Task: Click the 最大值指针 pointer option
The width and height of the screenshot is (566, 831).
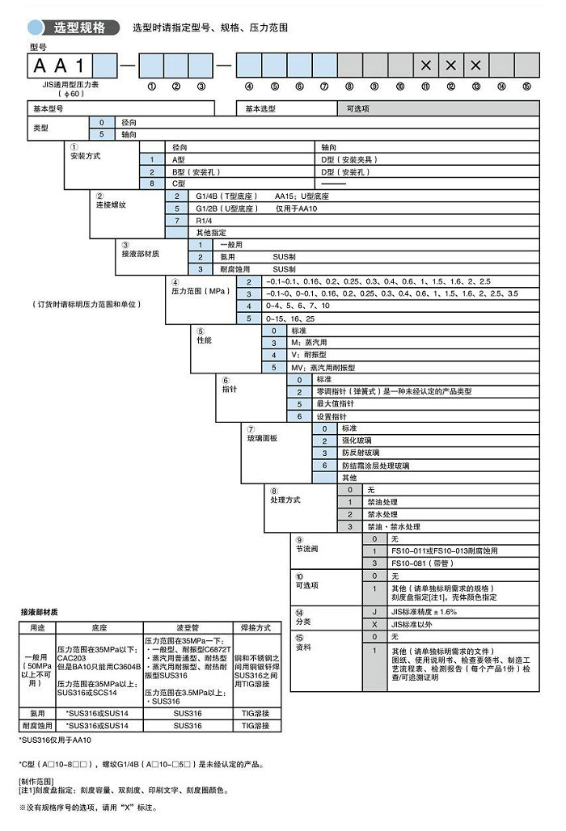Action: (335, 403)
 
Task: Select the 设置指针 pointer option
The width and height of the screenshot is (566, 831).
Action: (332, 415)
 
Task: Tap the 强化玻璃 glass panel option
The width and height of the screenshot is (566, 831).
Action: (356, 441)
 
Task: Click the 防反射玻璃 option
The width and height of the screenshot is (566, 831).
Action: (359, 453)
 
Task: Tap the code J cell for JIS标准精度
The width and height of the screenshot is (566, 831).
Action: (374, 612)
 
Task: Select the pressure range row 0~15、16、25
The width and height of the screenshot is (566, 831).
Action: (291, 318)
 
